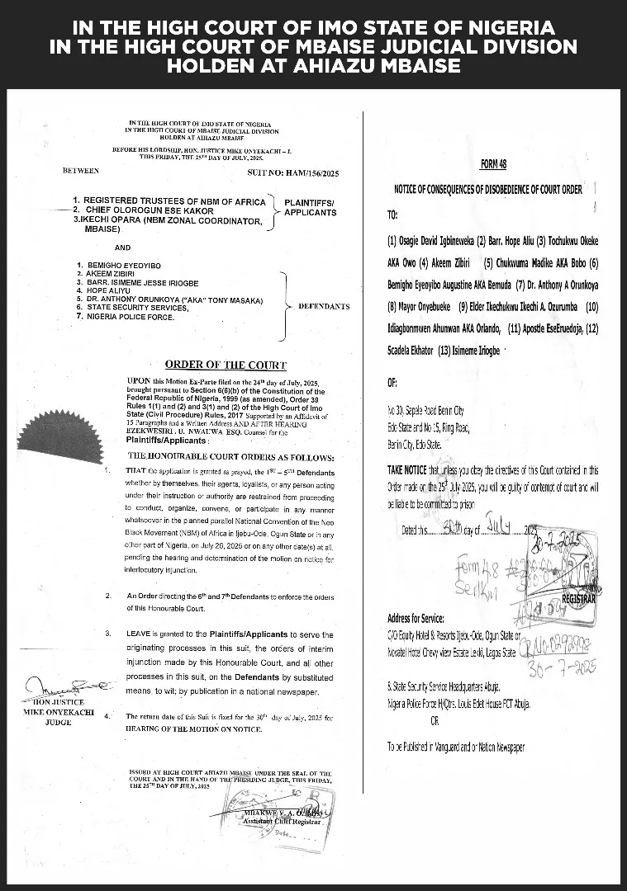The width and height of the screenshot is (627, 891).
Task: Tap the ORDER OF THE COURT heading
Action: tap(226, 365)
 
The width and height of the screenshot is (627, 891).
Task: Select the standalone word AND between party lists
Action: tap(123, 247)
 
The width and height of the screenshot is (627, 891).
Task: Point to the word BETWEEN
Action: tap(81, 171)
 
